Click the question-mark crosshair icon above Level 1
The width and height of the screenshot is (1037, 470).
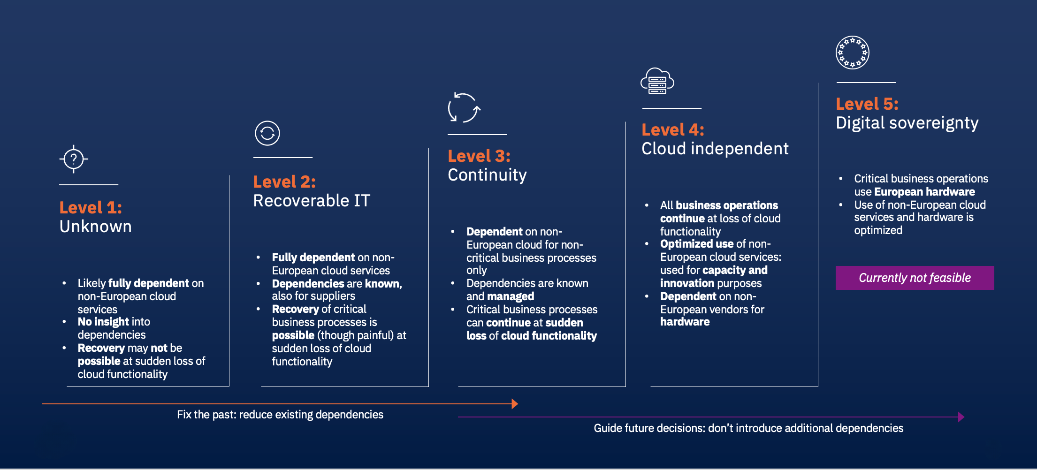pos(74,159)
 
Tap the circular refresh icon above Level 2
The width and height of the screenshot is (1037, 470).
pos(267,133)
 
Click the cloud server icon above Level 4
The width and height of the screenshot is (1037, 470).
pos(657,81)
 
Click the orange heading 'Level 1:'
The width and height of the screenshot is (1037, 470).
pos(91,207)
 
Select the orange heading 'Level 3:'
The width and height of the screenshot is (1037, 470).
pos(479,156)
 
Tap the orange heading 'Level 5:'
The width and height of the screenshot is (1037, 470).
pos(867,104)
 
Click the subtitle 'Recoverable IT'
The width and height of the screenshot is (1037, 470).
pos(312,201)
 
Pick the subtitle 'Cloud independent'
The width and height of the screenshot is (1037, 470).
pos(715,149)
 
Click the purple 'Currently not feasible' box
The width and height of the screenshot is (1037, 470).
pos(915,278)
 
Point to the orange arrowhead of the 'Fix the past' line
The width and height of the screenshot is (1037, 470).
pos(515,404)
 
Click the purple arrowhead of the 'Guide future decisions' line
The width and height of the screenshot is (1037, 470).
pos(961,417)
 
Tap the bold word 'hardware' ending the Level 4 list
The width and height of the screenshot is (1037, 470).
pos(685,322)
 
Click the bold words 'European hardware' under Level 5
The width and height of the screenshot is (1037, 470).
pos(924,192)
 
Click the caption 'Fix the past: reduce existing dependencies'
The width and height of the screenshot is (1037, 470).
pos(280,415)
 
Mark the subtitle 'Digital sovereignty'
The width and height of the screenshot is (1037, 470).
pos(907,123)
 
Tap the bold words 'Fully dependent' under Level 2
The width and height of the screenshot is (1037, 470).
pos(313,258)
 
